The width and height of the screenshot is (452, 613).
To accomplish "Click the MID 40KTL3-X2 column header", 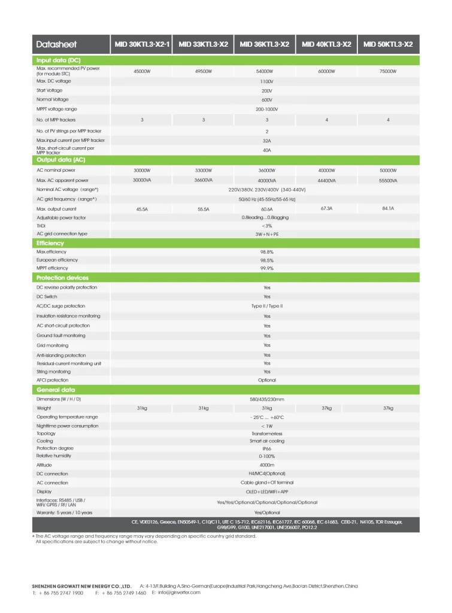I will tap(326, 44).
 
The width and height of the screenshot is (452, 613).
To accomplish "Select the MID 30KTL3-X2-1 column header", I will tap(142, 44).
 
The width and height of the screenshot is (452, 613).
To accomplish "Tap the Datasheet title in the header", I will tap(56, 44).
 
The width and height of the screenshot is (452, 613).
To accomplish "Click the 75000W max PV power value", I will tap(388, 71).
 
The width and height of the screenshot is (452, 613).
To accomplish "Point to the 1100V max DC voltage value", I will tap(267, 81).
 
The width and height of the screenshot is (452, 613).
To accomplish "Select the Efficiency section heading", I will tap(50, 244).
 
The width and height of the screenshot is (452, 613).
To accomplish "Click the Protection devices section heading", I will tap(62, 278).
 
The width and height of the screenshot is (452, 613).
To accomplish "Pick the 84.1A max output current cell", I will tap(388, 208).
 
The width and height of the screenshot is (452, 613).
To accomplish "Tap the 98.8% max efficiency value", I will tap(267, 252).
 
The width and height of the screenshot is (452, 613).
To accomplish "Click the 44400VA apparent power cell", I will tap(326, 180).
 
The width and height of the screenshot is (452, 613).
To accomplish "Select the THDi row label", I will tap(41, 226).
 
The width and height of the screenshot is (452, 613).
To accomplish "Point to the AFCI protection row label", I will tap(53, 380).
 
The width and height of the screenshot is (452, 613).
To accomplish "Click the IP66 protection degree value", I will tap(267, 448).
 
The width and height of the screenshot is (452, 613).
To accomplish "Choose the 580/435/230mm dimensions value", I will tap(267, 399).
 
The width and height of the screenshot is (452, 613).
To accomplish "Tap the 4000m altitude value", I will tap(267, 465).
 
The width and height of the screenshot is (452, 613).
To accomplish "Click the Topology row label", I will tap(46, 433).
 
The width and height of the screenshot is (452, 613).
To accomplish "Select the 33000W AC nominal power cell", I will tap(204, 171).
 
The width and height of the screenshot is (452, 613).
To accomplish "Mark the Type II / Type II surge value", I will tap(267, 306).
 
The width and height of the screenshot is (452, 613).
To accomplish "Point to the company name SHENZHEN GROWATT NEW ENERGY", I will tap(81, 586).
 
